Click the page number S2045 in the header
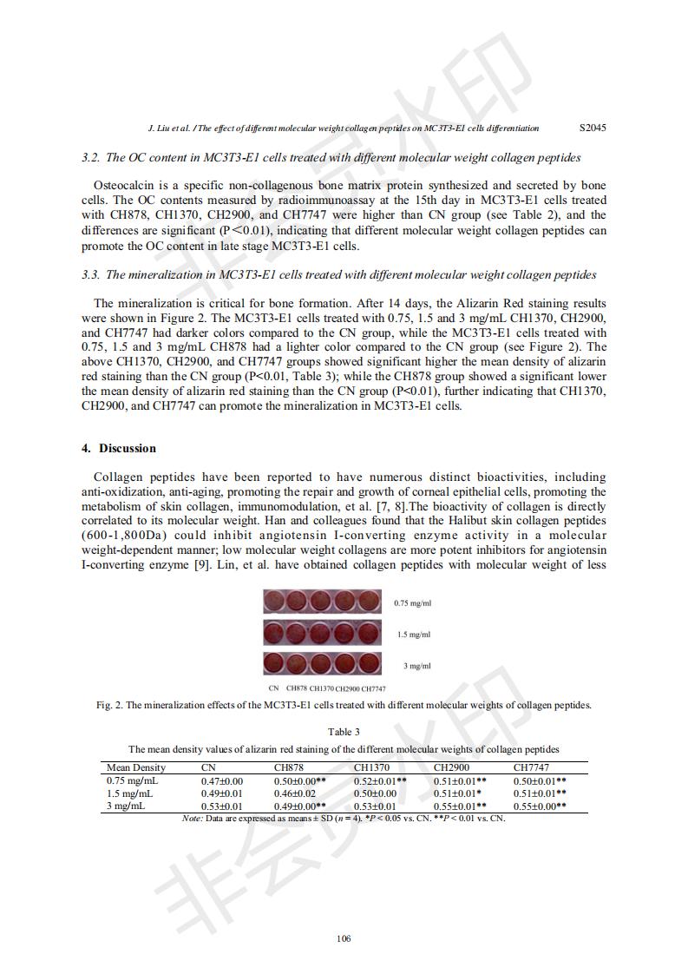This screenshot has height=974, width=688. (x=593, y=128)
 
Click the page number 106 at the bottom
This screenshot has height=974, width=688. (x=344, y=938)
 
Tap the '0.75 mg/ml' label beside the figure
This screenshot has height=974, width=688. (x=412, y=603)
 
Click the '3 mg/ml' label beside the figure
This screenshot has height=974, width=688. (x=416, y=666)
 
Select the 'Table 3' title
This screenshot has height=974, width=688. (x=344, y=732)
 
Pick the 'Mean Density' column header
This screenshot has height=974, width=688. (x=135, y=767)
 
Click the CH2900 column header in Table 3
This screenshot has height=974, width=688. (x=451, y=767)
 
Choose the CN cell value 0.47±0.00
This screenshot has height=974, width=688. (x=222, y=781)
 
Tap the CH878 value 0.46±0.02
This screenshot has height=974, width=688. (x=295, y=793)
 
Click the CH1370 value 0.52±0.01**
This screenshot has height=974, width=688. (x=380, y=781)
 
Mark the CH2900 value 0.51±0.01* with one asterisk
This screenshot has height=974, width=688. (x=458, y=793)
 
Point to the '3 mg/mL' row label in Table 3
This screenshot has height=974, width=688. (x=126, y=806)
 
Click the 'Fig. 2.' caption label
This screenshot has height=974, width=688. (x=109, y=705)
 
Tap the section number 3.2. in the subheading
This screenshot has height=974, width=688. (x=91, y=158)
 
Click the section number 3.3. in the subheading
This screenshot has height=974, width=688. (x=91, y=275)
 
